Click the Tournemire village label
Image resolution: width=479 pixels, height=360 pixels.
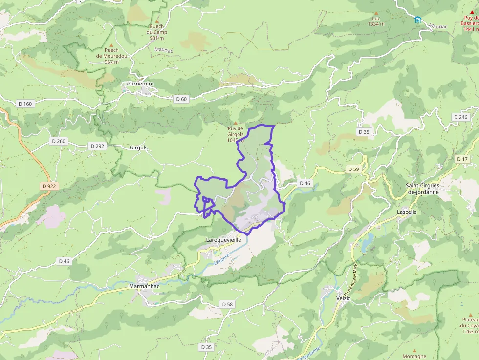point(139,84)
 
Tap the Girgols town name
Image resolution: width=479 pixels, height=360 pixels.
point(138,147)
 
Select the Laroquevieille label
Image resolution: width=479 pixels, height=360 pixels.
point(224,240)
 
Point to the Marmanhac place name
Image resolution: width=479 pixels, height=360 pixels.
point(145,286)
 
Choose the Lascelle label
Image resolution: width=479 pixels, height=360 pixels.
point(407,212)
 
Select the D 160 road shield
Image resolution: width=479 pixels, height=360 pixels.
point(24,104)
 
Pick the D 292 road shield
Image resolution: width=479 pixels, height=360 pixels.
point(97,146)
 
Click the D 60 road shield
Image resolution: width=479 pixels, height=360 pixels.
point(181,99)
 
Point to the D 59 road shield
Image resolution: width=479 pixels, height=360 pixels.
point(353,169)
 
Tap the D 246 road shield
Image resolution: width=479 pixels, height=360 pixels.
point(460,117)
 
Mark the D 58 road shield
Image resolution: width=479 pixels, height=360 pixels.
point(227,304)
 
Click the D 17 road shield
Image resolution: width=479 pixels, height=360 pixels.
point(462,159)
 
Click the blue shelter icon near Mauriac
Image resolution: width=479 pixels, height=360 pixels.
point(418,20)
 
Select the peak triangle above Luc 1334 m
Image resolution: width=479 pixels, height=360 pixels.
point(376,13)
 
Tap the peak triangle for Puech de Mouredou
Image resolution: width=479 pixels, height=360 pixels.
point(111,44)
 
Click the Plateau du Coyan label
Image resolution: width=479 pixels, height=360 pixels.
point(470,326)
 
